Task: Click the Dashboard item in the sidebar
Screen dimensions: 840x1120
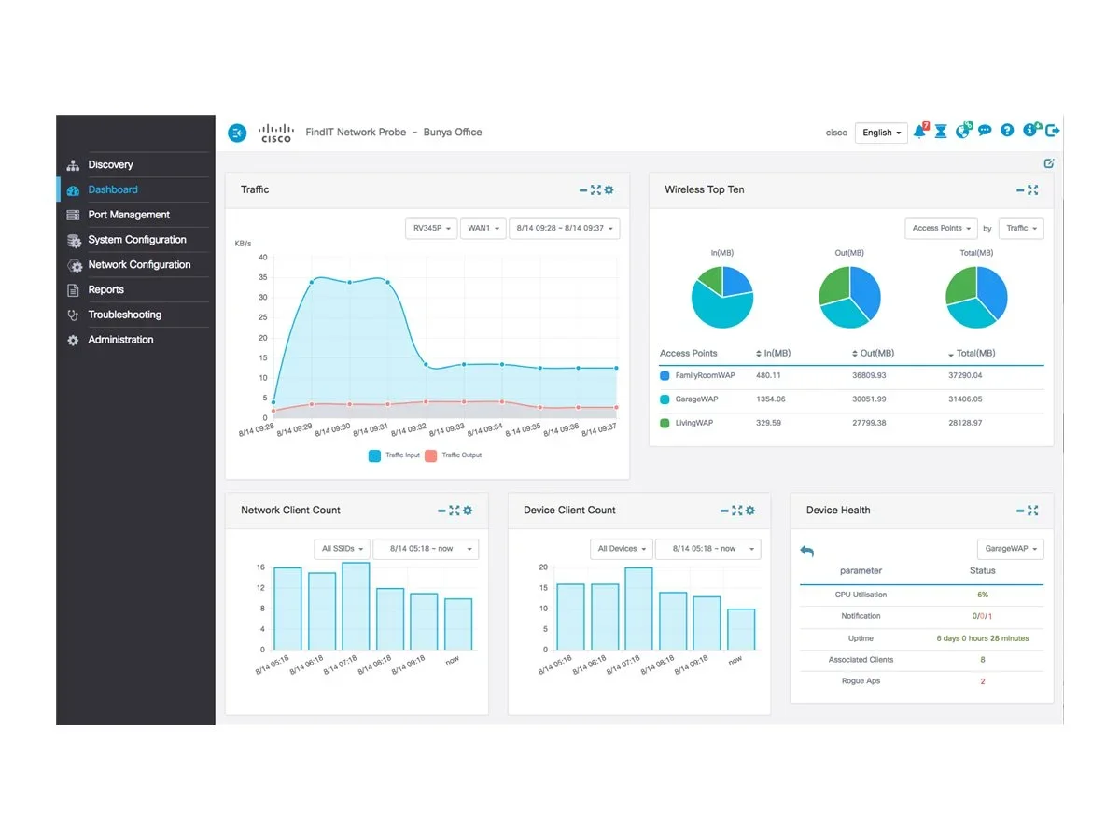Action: click(x=113, y=189)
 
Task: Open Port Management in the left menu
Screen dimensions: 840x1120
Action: click(x=129, y=215)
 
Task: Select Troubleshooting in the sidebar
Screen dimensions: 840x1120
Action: click(x=124, y=315)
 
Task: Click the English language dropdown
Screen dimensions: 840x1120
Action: click(x=881, y=133)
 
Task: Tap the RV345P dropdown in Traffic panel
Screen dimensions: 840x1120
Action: click(x=431, y=228)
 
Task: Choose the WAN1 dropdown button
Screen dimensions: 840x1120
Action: click(x=483, y=228)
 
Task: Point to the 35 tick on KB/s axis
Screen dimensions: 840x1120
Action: click(x=263, y=277)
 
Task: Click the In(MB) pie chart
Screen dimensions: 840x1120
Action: click(x=721, y=297)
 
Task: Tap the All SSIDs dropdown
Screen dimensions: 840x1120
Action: click(x=342, y=549)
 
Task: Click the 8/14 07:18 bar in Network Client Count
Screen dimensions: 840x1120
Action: click(x=356, y=606)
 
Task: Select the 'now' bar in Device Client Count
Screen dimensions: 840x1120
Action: click(x=741, y=629)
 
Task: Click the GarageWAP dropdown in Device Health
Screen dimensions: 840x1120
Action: click(x=1010, y=549)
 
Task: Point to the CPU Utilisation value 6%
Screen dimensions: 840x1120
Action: click(x=982, y=595)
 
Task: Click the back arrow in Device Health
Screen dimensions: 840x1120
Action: click(x=807, y=552)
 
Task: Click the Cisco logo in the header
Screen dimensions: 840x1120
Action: click(x=276, y=133)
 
